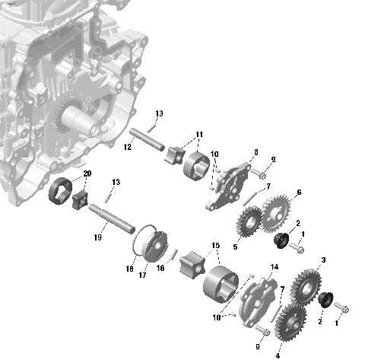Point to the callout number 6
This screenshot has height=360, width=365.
[298, 193]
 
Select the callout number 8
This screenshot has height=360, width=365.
[256, 152]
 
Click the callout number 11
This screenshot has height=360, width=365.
[199, 135]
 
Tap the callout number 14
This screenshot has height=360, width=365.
[275, 266]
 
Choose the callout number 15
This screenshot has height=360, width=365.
[215, 246]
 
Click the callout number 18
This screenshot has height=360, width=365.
[130, 269]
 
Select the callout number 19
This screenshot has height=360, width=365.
[97, 238]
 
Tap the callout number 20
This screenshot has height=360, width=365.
[87, 174]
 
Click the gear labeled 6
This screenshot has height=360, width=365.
[278, 210]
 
